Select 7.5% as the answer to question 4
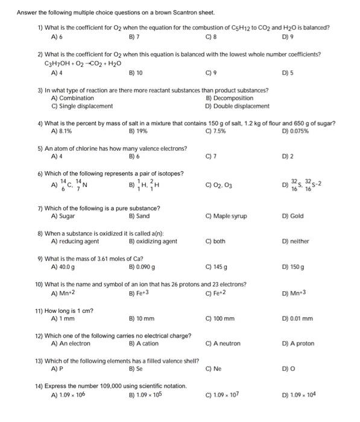pyautogui.click(x=215, y=131)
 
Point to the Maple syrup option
pyautogui.click(x=226, y=216)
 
